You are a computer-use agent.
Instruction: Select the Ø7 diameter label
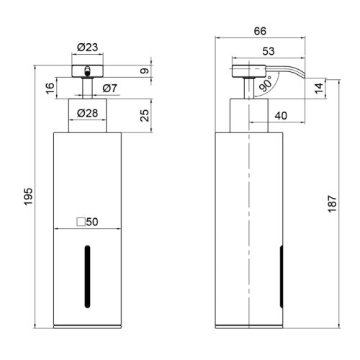[x=110, y=88]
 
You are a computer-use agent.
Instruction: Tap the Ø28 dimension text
[x=88, y=113]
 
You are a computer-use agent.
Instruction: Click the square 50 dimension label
[x=87, y=223]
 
